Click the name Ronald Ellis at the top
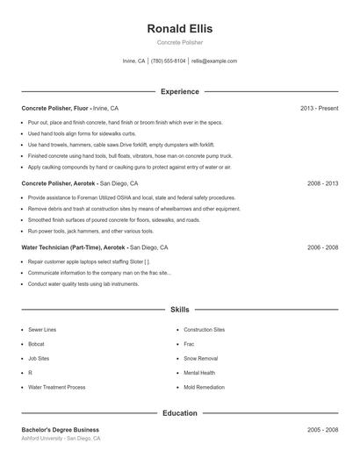coord(179,28)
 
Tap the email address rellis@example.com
coord(214,61)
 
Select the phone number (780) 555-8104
coord(168,61)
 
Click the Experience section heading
coord(179,91)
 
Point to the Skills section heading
coord(179,310)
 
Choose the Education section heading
coord(179,412)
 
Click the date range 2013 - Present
coord(319,108)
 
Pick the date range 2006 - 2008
coord(322,248)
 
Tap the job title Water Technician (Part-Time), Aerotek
coord(75,248)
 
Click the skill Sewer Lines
coord(42,330)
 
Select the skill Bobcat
coord(36,344)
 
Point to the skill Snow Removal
coord(202,358)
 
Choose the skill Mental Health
coord(200,373)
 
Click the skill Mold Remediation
coord(205,387)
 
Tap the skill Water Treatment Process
coord(56,387)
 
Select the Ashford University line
coord(61,439)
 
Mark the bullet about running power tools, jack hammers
coord(90,231)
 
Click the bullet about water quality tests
coord(83,284)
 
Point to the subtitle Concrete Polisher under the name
coord(179,42)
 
